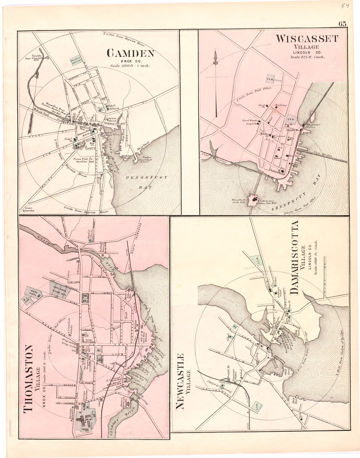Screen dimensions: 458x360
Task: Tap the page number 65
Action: point(343,24)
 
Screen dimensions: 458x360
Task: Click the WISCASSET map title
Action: point(307,39)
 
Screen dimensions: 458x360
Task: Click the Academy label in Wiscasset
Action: point(281,105)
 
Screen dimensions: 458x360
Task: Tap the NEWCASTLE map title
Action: point(180,381)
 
